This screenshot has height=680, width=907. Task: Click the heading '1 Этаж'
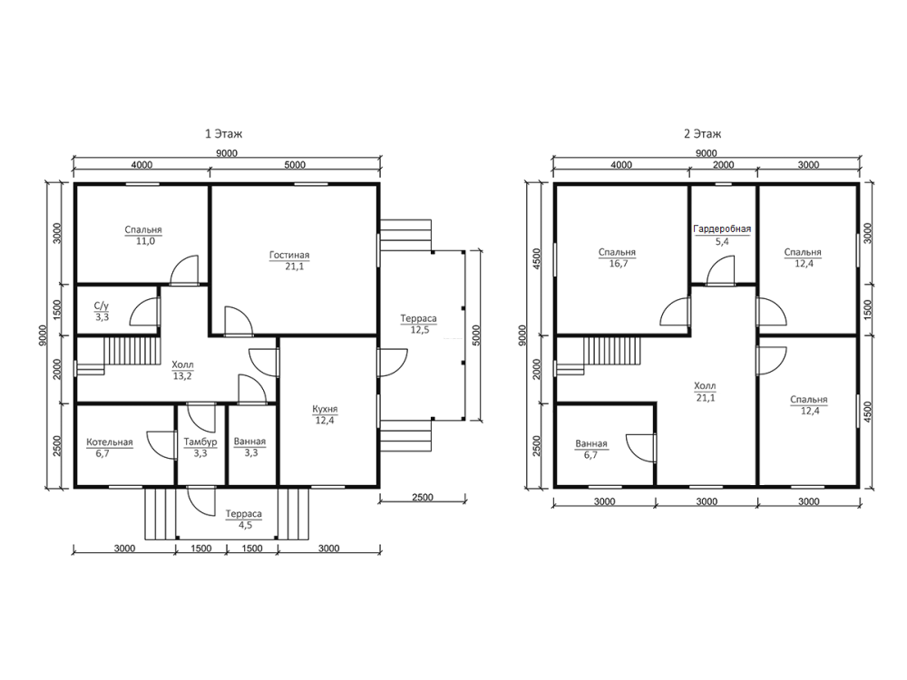click(223, 133)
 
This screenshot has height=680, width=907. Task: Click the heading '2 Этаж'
click(702, 133)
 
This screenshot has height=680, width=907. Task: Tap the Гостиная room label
click(289, 255)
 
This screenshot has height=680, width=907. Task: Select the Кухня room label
click(325, 409)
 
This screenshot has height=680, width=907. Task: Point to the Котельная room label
click(110, 442)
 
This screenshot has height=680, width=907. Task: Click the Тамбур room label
click(200, 442)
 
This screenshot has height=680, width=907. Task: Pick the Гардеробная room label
click(722, 229)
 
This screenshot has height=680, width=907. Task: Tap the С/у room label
click(102, 306)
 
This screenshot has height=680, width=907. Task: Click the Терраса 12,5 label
click(419, 325)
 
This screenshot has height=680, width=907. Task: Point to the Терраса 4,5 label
click(243, 520)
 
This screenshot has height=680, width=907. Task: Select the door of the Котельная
click(162, 445)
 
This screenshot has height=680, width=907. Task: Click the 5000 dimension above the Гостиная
click(295, 165)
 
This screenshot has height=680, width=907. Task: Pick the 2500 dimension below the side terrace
click(423, 497)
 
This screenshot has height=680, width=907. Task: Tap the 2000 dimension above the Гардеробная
click(723, 165)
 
